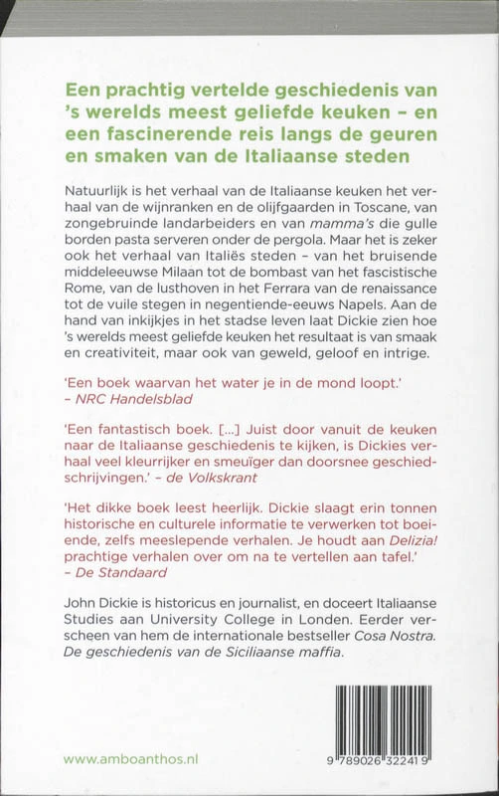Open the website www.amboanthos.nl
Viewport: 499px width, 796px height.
[131, 758]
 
